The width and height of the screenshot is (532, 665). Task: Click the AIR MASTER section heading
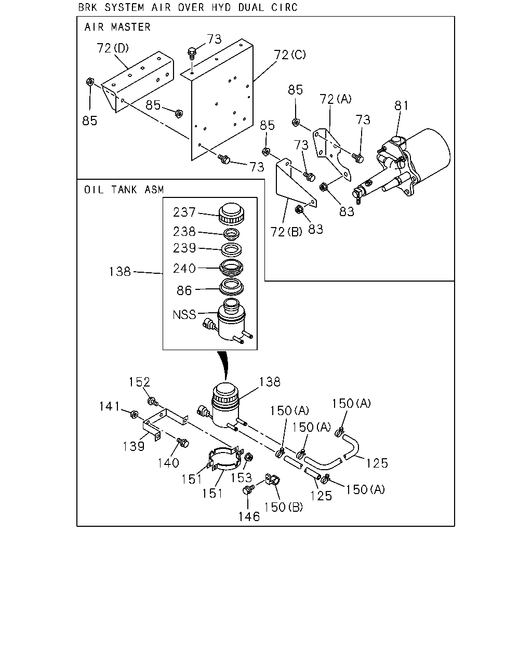coord(117,27)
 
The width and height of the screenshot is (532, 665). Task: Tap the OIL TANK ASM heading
coord(124,190)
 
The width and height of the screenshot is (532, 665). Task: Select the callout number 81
coord(401,105)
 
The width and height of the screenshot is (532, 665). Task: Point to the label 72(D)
coord(113,48)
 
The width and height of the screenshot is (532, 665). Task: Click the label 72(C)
coord(290,55)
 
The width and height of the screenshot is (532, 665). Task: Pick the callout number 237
coord(184,212)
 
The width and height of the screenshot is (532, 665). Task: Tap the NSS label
coord(184,315)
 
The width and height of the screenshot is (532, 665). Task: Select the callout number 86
coord(184,290)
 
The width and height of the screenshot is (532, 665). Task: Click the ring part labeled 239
coord(231,250)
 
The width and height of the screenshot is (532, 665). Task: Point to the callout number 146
coord(249,516)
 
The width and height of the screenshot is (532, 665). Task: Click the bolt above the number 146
coord(248,489)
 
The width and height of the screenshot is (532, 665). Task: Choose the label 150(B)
coord(283,507)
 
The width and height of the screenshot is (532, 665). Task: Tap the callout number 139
coord(134,446)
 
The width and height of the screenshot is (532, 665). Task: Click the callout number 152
coord(139,382)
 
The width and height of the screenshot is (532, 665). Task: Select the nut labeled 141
coord(134,414)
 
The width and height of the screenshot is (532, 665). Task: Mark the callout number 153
coord(241,478)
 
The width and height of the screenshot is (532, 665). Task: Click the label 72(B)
coord(286,232)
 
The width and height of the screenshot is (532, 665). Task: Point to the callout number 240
coord(184,268)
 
